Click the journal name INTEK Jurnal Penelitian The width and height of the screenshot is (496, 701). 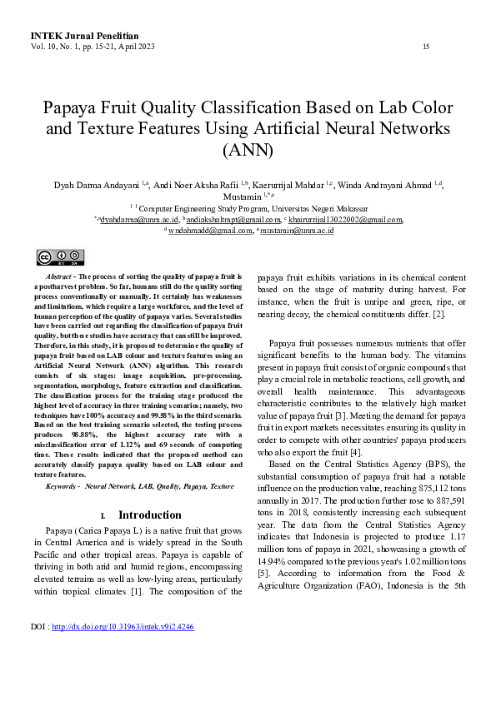click(84, 37)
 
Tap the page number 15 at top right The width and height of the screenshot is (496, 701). click(427, 47)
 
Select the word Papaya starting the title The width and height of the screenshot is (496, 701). click(72, 108)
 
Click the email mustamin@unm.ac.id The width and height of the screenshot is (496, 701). click(298, 230)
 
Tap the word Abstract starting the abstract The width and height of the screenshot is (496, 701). click(58, 275)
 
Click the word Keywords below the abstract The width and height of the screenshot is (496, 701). click(63, 485)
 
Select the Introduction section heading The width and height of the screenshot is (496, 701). click(149, 515)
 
